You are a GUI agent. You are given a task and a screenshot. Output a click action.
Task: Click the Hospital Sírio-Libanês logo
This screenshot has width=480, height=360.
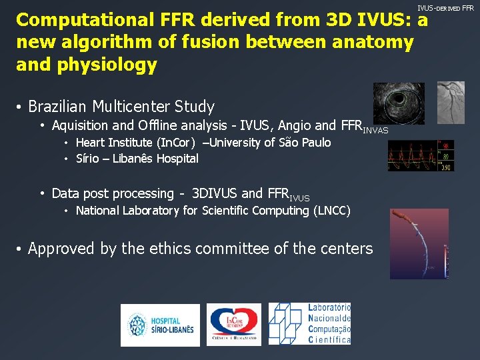pyautogui.click(x=160, y=325)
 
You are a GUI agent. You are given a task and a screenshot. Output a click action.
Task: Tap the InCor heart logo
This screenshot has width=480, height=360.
pyautogui.click(x=233, y=325)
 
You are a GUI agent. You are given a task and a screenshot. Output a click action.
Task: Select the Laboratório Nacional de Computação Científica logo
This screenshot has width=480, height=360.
pyautogui.click(x=309, y=324)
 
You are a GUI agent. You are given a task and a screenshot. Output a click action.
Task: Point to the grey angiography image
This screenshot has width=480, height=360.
pyautogui.click(x=451, y=101)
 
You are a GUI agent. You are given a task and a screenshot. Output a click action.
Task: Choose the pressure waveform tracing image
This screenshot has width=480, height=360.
pyautogui.click(x=421, y=155)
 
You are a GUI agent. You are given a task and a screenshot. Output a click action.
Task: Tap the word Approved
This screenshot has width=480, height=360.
pyautogui.click(x=61, y=249)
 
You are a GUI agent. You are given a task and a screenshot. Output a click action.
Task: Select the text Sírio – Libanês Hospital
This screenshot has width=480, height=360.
pyautogui.click(x=137, y=159)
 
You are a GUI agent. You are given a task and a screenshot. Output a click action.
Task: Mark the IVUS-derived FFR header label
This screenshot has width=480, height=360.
pyautogui.click(x=445, y=8)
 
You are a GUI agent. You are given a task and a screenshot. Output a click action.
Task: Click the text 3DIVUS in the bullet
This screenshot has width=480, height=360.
pyautogui.click(x=214, y=194)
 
